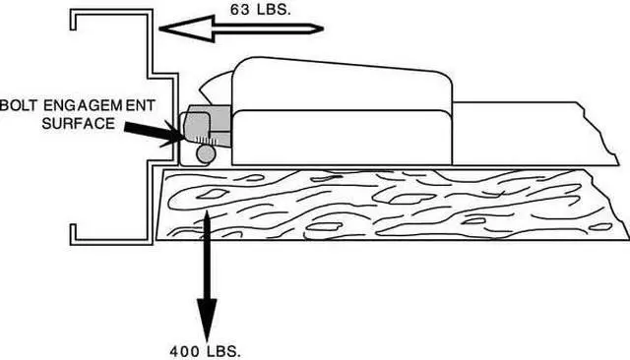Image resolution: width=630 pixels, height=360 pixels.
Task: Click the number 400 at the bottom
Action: tap(184, 350)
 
